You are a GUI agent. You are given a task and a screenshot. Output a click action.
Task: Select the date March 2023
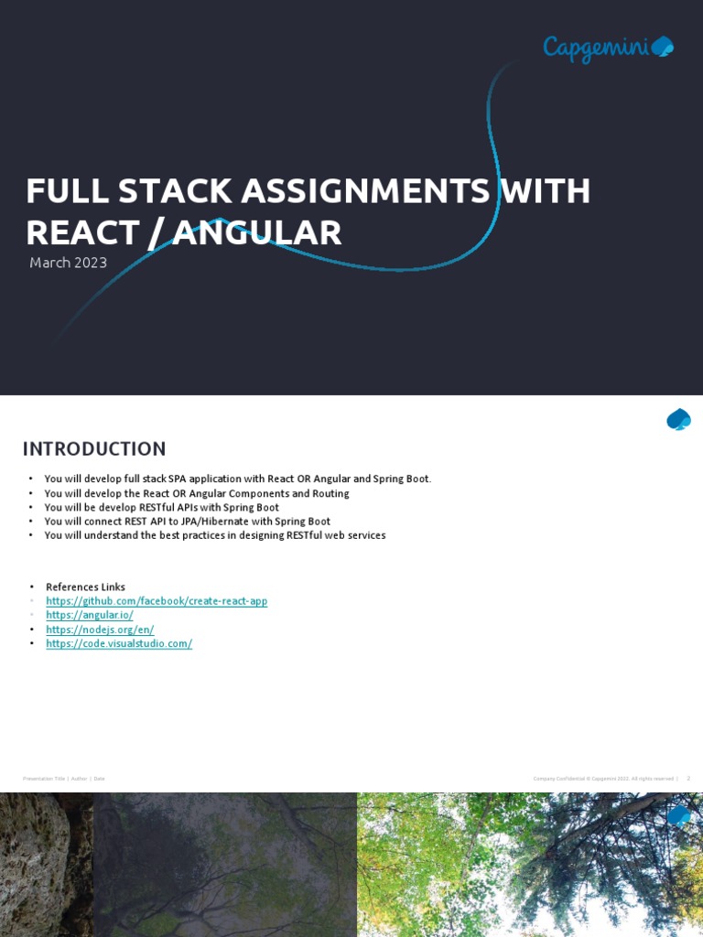(68, 264)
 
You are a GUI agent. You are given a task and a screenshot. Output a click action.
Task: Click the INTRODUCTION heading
(94, 449)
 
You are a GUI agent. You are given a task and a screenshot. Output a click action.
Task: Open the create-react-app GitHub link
(157, 601)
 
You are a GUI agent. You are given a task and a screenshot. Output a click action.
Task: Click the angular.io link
(90, 615)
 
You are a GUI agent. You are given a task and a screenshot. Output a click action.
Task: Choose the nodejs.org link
(100, 630)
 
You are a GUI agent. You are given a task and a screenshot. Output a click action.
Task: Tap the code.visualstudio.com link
(119, 643)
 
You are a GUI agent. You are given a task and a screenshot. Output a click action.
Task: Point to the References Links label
(85, 587)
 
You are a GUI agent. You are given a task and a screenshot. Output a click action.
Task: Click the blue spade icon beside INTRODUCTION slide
(678, 420)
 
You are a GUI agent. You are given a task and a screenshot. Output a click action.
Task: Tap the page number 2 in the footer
(687, 779)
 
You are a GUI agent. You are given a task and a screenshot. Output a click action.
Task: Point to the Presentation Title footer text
(44, 779)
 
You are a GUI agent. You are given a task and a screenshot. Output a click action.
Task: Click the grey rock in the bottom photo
(37, 860)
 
